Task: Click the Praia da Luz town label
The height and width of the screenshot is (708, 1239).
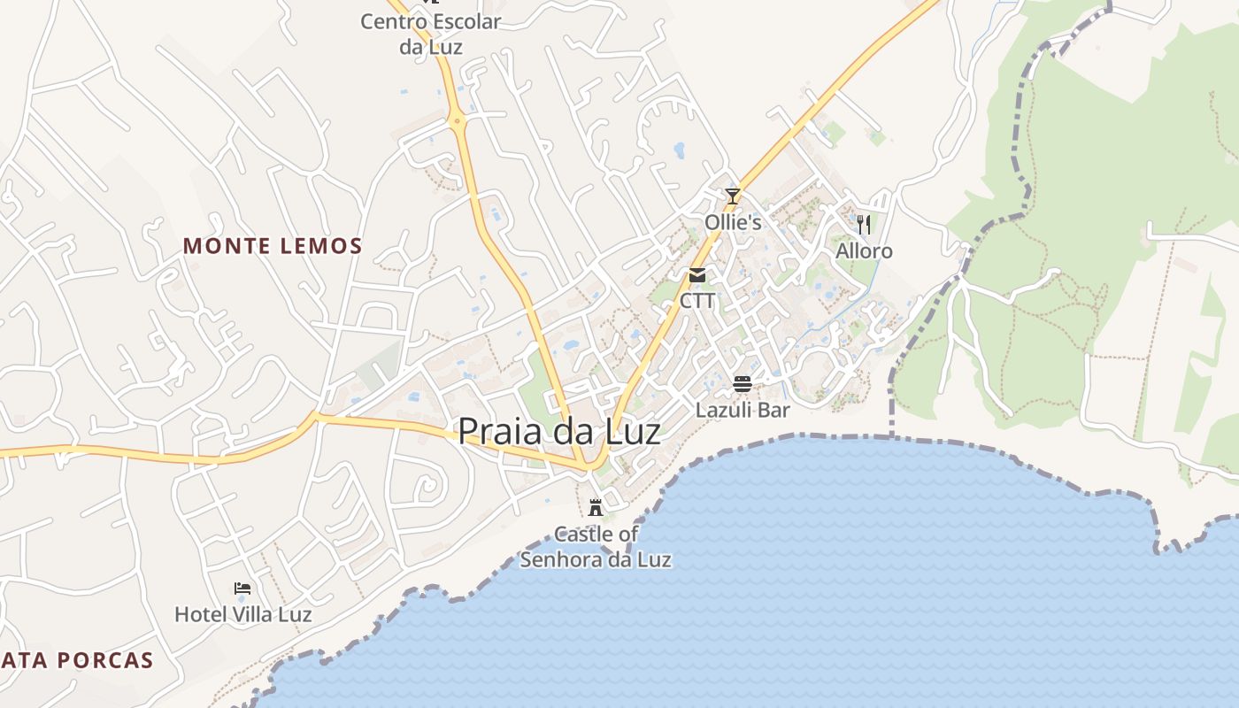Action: click(x=558, y=431)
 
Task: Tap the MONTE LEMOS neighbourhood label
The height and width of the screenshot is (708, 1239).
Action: click(x=273, y=246)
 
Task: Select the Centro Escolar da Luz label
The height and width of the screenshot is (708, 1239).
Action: click(x=430, y=34)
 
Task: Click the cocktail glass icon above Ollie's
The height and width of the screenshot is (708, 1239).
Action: click(x=732, y=196)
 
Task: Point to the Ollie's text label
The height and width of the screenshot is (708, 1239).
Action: click(x=733, y=222)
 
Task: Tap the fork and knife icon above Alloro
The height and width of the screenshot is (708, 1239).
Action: click(x=864, y=224)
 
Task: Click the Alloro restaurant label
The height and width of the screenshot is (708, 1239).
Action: click(x=864, y=251)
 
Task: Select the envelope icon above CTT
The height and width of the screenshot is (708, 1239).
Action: click(x=697, y=275)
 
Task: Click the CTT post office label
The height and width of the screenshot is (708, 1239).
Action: click(x=697, y=301)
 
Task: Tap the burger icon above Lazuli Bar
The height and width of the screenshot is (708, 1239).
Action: click(x=742, y=384)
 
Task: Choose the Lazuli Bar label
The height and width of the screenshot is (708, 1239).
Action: click(x=742, y=410)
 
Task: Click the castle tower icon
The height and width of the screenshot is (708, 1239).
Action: click(x=596, y=508)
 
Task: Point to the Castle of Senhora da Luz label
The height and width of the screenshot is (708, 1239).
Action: click(x=596, y=547)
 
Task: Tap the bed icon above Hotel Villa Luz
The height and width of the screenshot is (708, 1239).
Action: click(x=242, y=589)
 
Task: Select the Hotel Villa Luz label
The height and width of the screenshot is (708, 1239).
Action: click(x=242, y=614)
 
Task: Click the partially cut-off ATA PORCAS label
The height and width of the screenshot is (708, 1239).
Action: click(x=77, y=660)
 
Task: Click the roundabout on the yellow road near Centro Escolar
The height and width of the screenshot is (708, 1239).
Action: click(x=458, y=119)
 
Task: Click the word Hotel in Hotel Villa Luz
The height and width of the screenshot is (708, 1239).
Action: click(x=199, y=614)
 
